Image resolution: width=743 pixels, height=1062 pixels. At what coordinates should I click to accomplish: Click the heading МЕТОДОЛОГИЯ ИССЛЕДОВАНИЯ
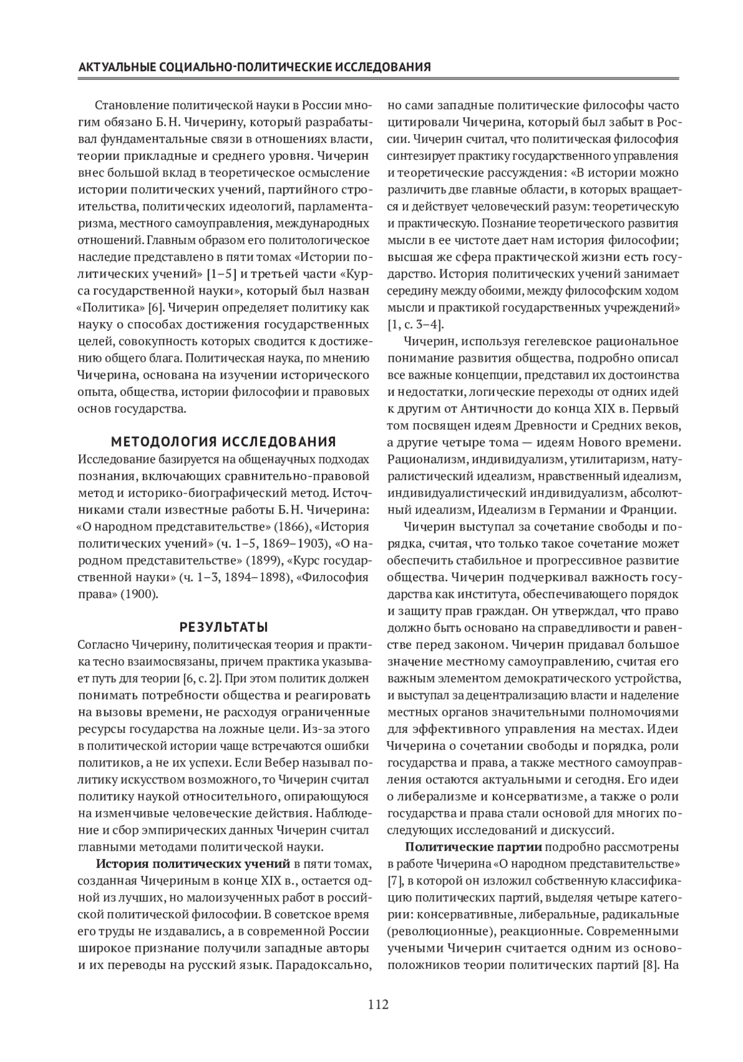(x=224, y=442)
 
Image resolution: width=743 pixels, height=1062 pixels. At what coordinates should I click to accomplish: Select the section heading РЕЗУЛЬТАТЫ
(x=224, y=625)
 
